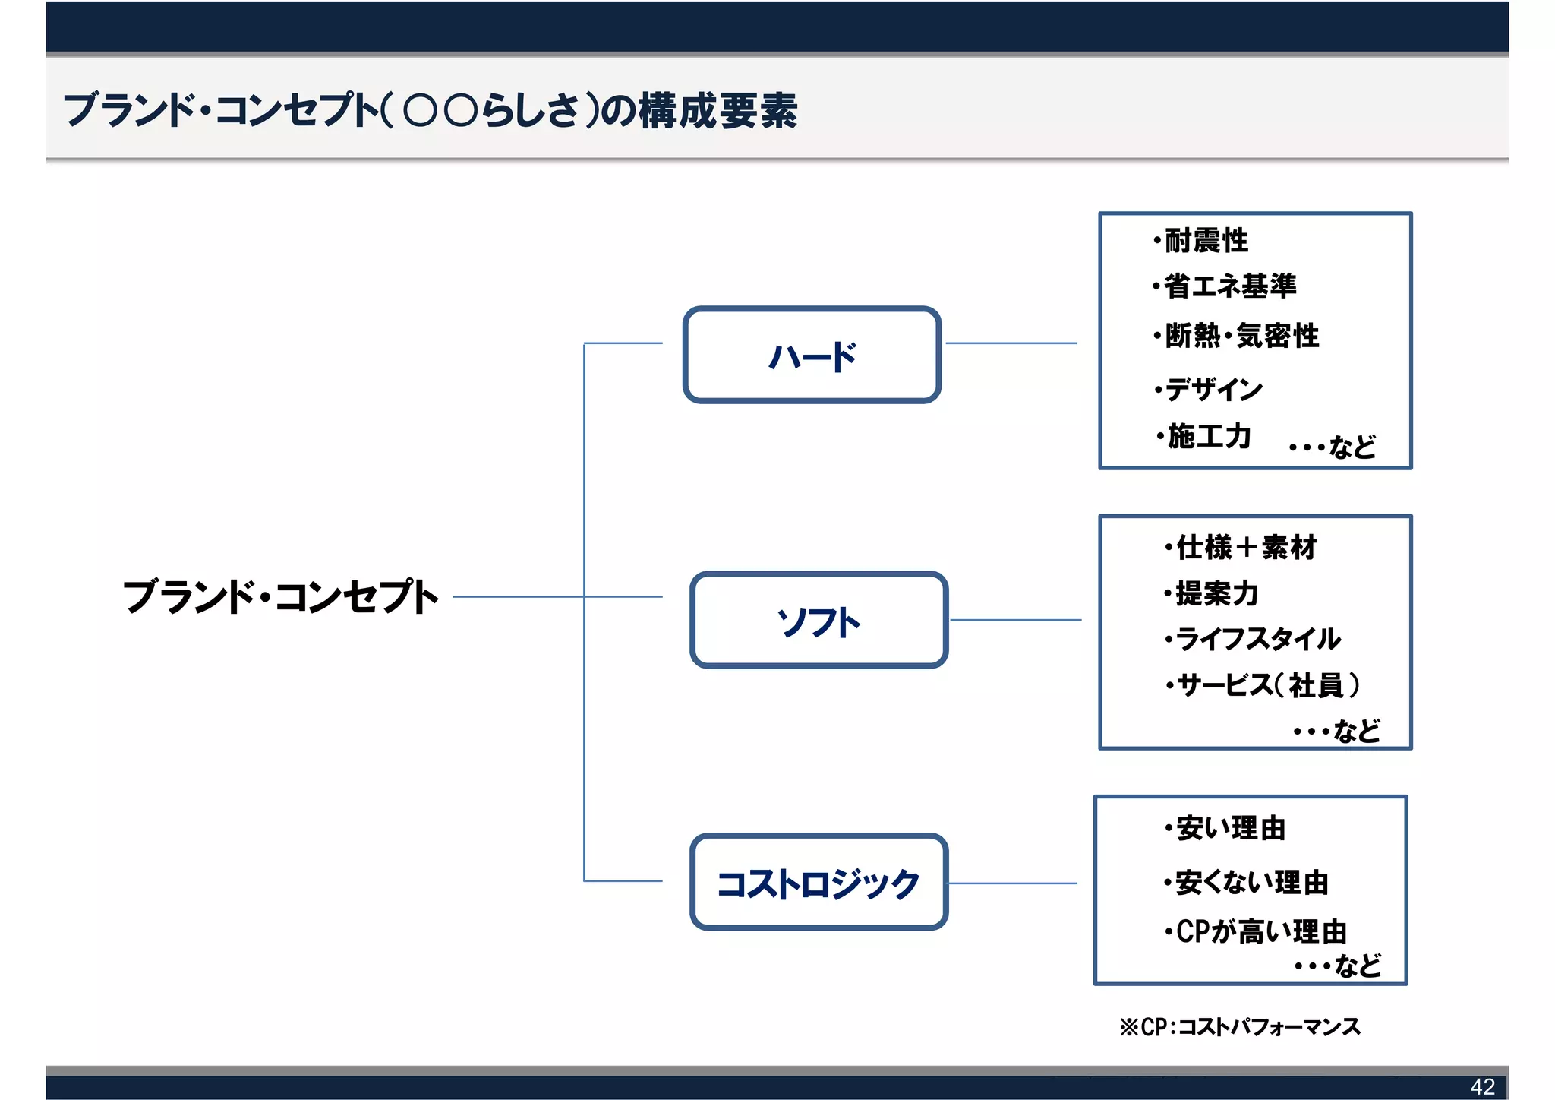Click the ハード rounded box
click(x=812, y=355)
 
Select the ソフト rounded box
click(x=819, y=620)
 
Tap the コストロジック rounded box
click(x=819, y=882)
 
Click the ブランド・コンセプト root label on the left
click(x=281, y=596)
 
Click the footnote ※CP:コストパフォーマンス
click(x=1239, y=1027)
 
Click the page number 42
click(x=1482, y=1086)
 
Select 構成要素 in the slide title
click(x=718, y=111)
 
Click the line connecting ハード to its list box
click(x=1011, y=343)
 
